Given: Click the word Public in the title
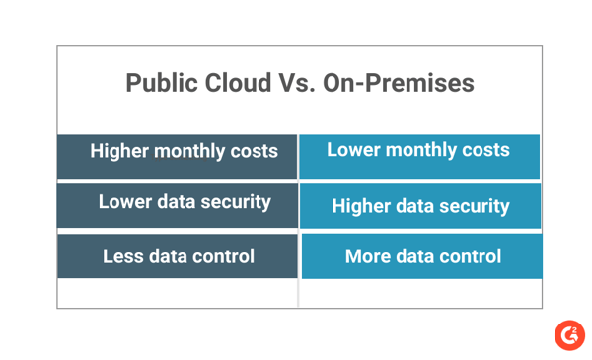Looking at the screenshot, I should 157,83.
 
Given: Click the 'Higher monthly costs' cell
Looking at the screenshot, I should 178,153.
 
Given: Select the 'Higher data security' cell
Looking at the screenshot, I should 420,207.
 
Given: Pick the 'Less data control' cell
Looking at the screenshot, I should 178,257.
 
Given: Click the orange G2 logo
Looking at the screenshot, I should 569,334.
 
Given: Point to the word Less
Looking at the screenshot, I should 123,256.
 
